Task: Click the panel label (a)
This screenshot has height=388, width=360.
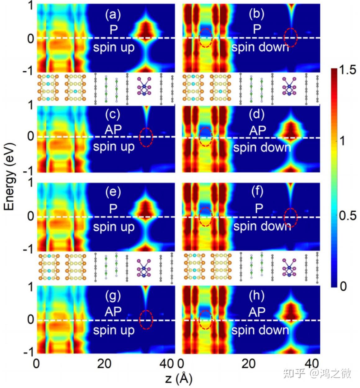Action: pyautogui.click(x=113, y=15)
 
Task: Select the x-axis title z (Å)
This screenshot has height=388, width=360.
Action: pyautogui.click(x=178, y=379)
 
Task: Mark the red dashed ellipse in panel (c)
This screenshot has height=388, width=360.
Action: pyautogui.click(x=146, y=137)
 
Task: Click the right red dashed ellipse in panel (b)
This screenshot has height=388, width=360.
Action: pyautogui.click(x=291, y=38)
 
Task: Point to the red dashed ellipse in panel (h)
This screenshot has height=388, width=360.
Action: pyautogui.click(x=205, y=320)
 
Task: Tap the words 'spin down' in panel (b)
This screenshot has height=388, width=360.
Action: pyautogui.click(x=260, y=47)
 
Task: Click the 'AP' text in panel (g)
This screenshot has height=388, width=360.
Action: pyautogui.click(x=113, y=312)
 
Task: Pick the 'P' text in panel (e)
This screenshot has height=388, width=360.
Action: pyautogui.click(x=113, y=209)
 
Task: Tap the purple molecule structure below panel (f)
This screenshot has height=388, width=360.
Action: pyautogui.click(x=289, y=268)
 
